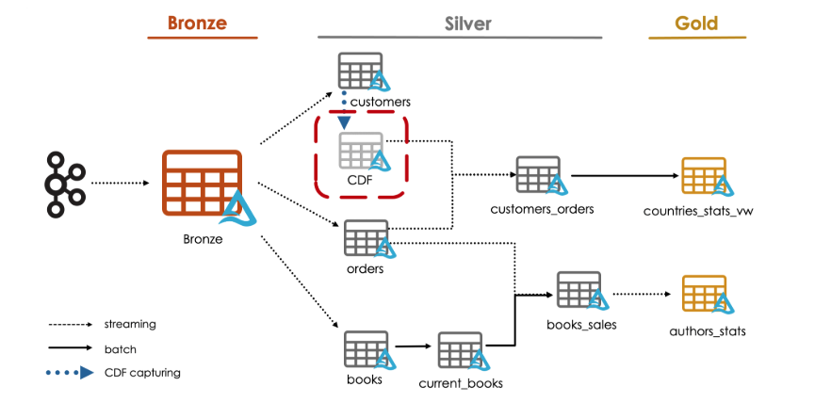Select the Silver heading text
[468, 24]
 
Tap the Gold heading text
[696, 24]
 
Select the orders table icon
[366, 238]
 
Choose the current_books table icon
[461, 351]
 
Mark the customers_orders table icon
[538, 175]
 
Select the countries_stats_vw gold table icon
[704, 176]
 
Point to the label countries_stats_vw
[698, 210]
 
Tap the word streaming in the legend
[130, 324]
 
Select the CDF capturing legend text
[142, 373]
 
